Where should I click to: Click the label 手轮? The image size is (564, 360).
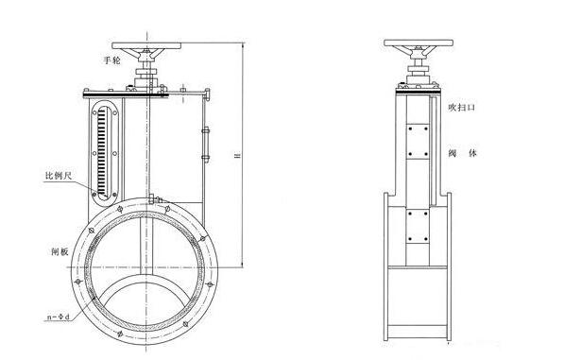click(x=111, y=60)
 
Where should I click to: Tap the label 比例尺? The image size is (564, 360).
click(x=59, y=176)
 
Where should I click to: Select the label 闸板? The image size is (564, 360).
click(x=60, y=251)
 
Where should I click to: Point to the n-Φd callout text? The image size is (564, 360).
click(x=59, y=317)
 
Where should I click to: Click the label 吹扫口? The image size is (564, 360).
click(x=461, y=107)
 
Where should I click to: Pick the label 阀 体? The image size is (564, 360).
click(x=462, y=153)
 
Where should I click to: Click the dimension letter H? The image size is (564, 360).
click(x=237, y=155)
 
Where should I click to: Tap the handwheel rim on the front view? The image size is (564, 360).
click(x=146, y=46)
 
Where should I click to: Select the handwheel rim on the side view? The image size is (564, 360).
click(x=419, y=43)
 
